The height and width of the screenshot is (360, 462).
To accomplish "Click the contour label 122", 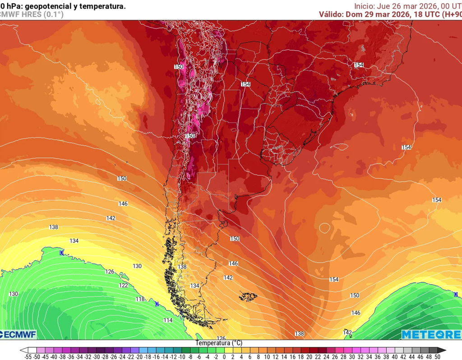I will coord(123,286).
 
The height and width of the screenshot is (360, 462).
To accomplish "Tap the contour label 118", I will coord(140,300).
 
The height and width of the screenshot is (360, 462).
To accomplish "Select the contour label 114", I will coord(168,320).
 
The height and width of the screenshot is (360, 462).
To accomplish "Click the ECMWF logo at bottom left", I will coord(18,334).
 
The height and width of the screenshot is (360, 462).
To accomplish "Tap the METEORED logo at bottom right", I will coord(430,334).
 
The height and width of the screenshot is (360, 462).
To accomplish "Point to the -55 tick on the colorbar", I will coord(28,356).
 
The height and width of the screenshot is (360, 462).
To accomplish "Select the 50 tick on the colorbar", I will coord(437,356).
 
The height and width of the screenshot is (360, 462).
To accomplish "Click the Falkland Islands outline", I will coord(248,296).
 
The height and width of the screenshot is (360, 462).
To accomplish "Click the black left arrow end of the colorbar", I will coord(23,350).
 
